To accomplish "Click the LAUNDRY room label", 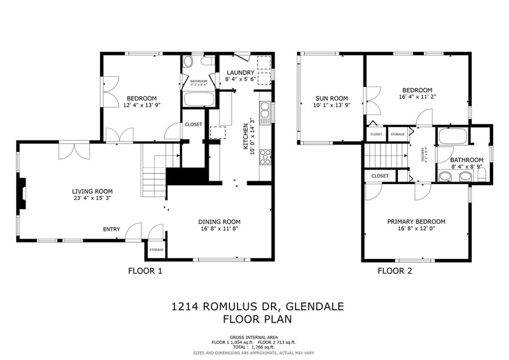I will coord(240,73).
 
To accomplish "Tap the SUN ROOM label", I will coord(331,98).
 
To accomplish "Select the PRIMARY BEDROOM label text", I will coord(416,222).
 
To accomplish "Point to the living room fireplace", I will coord(22,195).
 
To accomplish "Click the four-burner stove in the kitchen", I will coord(265,157).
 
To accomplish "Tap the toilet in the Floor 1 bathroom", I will coord(188,62).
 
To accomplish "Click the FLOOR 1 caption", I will coord(145,271).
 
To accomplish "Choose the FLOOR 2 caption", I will coord(395,271).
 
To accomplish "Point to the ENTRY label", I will coord(111,229).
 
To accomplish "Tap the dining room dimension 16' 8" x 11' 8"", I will coord(219,229).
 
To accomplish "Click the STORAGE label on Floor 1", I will coord(156,250).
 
